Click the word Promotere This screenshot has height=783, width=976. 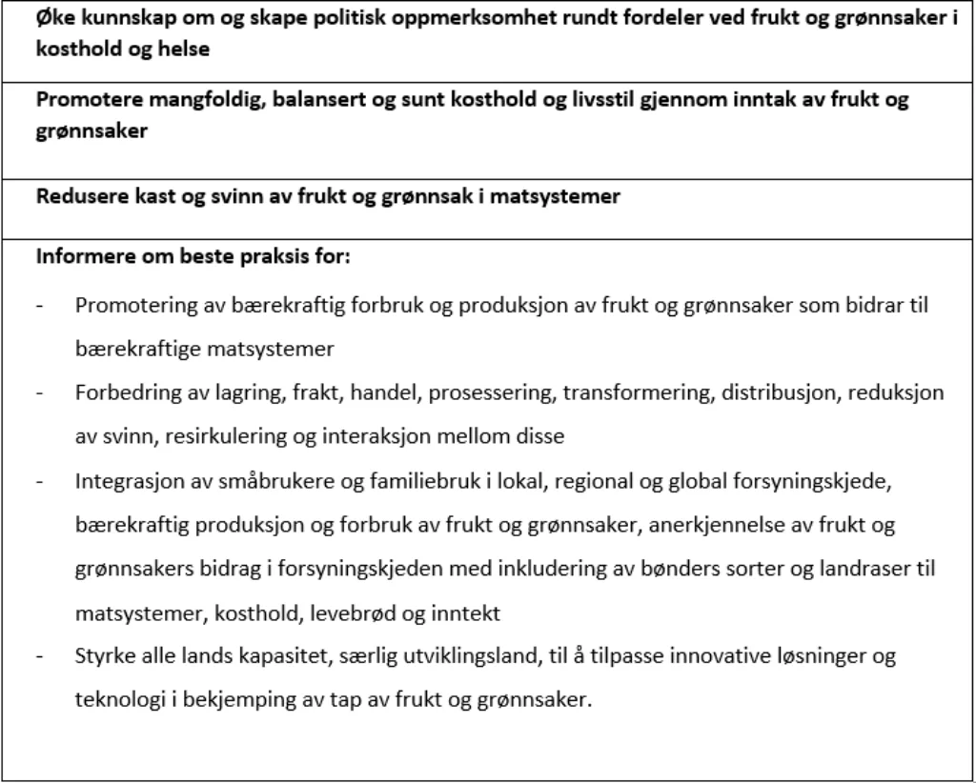[81, 100]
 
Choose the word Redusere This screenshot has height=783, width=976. [74, 197]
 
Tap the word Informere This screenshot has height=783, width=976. [79, 257]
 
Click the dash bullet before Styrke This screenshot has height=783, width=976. [41, 656]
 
